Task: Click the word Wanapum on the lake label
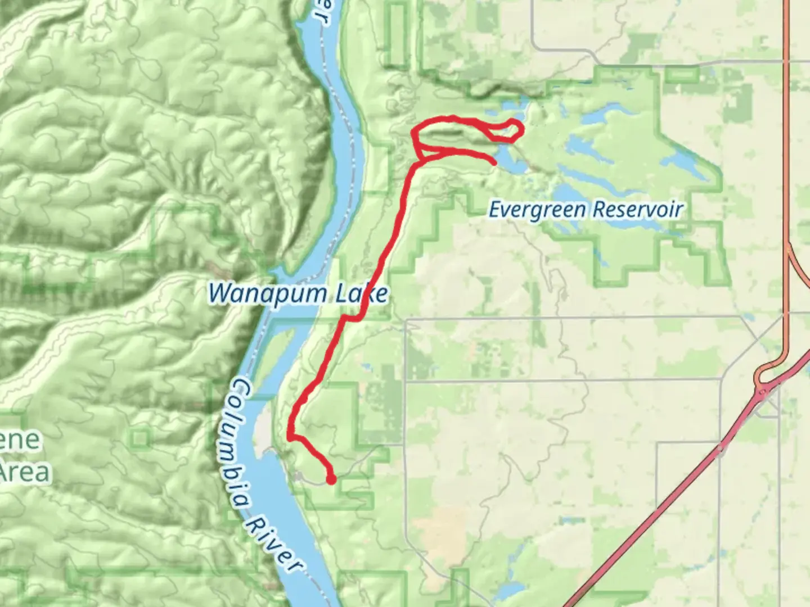267,293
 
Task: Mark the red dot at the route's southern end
331,479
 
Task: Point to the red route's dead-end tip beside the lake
494,163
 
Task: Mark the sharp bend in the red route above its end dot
291,436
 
